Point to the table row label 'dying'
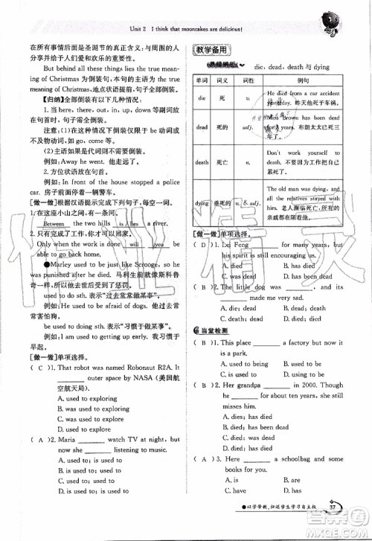201,203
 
